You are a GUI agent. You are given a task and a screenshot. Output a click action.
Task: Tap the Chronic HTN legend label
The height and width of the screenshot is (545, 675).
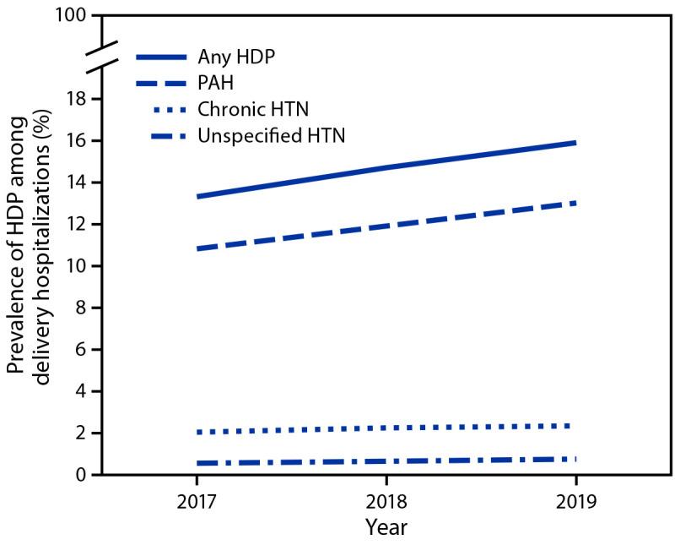(250, 109)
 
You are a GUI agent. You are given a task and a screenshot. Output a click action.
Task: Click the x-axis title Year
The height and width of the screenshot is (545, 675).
(386, 527)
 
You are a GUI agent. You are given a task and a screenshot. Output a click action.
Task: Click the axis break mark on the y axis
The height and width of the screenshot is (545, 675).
(101, 57)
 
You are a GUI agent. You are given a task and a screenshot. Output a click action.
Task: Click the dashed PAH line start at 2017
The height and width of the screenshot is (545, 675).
(197, 248)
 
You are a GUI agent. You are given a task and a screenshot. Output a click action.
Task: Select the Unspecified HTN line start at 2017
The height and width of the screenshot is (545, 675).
(197, 463)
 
